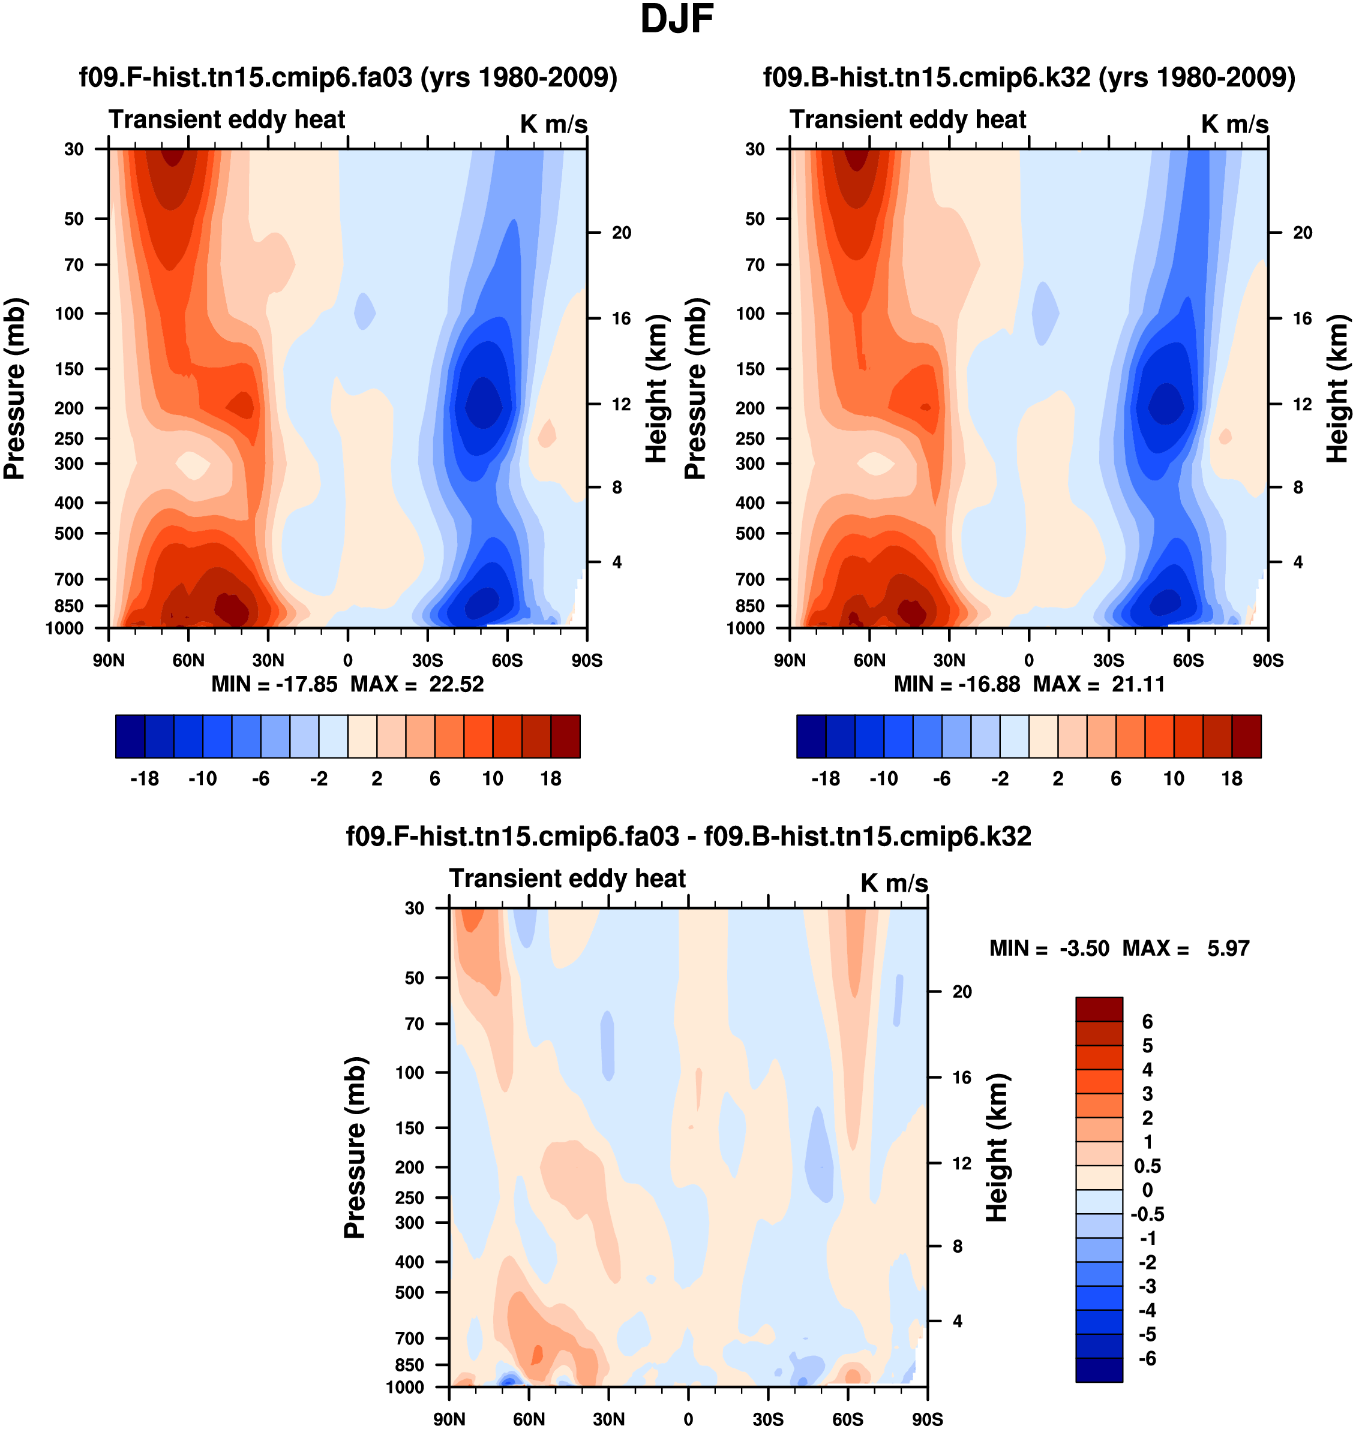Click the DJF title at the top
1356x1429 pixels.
(677, 20)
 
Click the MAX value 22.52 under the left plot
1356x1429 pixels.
(456, 684)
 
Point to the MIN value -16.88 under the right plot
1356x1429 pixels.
(989, 684)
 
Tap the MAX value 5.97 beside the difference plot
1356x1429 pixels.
(1228, 949)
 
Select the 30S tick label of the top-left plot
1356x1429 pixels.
(427, 660)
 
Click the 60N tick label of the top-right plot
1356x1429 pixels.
(869, 660)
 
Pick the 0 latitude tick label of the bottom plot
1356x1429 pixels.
(688, 1419)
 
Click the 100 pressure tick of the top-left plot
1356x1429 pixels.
(70, 314)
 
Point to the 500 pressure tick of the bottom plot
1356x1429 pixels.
(410, 1292)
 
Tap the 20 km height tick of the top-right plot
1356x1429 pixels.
(1303, 233)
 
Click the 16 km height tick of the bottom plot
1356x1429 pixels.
(961, 1078)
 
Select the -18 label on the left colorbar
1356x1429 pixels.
(145, 779)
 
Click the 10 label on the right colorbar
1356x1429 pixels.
(1174, 779)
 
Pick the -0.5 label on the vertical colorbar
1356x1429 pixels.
(1147, 1214)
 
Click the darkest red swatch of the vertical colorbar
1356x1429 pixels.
(1099, 1009)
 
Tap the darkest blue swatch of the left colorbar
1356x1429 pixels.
(130, 736)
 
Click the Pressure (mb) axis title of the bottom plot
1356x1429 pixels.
(355, 1147)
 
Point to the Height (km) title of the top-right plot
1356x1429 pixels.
(1338, 389)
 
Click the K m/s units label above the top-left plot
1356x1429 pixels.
(554, 124)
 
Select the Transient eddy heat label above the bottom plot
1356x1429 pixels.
(568, 879)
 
